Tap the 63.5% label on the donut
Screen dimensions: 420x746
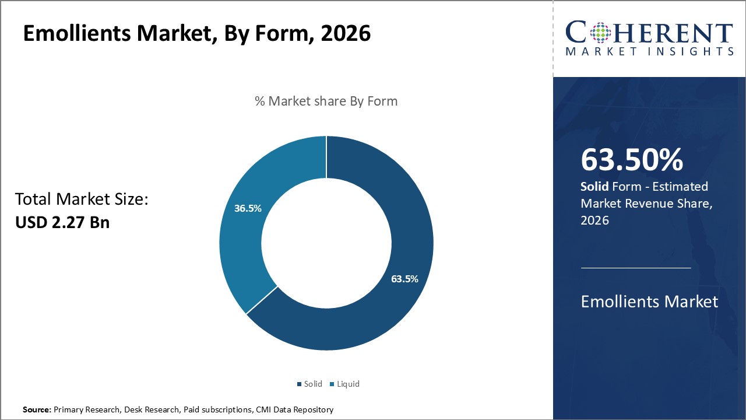click(x=404, y=279)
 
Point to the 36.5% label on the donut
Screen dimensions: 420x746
click(x=248, y=208)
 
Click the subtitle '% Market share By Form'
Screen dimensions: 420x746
click(x=326, y=101)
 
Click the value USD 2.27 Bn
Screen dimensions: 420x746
click(x=62, y=222)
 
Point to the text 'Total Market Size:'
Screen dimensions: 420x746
click(x=82, y=199)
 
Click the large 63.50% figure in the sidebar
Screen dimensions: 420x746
click(x=632, y=160)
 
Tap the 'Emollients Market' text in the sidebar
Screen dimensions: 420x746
click(x=649, y=302)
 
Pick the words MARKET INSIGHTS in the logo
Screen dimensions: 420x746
click(x=649, y=51)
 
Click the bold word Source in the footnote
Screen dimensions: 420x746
click(x=37, y=410)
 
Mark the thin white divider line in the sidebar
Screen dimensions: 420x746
click(x=636, y=268)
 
